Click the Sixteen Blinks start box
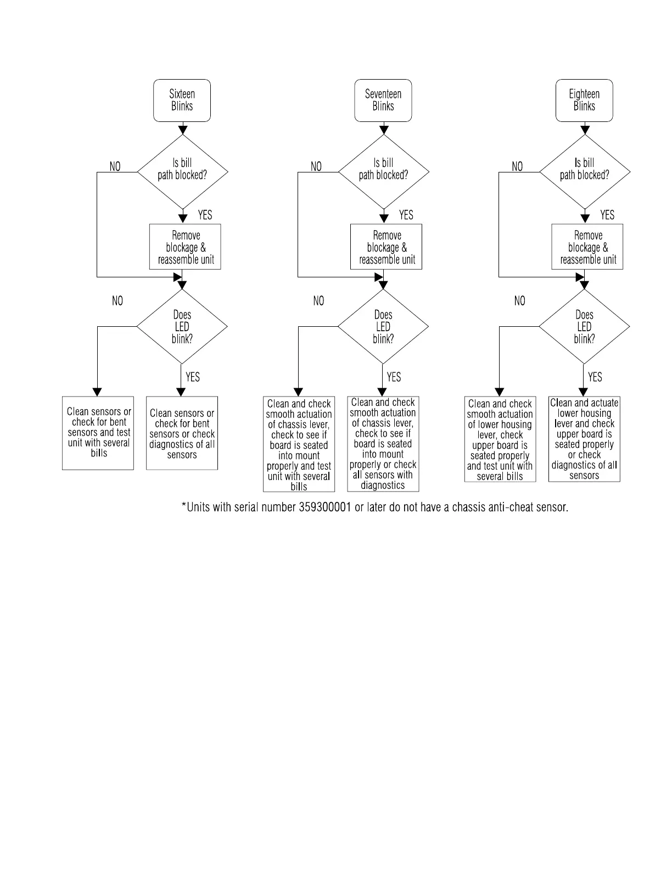182,101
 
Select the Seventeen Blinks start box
383,101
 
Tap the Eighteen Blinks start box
584,101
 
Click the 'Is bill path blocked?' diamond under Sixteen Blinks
183,171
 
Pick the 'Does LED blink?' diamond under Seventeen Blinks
383,327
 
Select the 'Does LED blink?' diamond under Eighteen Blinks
584,327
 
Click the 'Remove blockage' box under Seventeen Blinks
387,247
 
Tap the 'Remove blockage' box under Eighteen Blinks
587,247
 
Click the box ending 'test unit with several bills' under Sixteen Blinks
98,433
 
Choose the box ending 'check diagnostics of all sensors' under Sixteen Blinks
182,433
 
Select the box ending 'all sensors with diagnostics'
383,444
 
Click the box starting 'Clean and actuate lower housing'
584,439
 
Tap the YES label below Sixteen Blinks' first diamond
205,215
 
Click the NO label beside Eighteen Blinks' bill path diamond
517,166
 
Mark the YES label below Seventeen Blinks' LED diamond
394,377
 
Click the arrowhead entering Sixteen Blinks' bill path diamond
183,130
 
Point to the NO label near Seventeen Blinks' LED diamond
318,301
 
